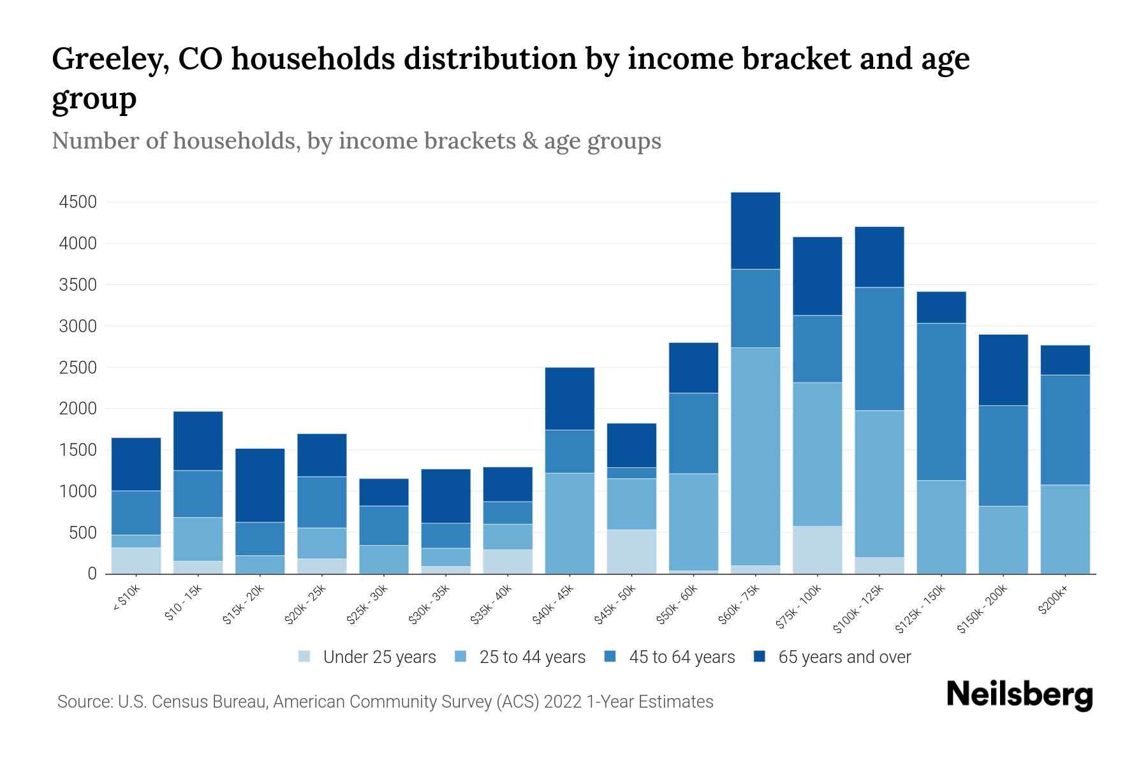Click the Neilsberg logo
click(1019, 696)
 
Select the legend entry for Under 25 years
click(379, 657)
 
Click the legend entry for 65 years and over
click(844, 657)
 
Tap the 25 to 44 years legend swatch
click(461, 657)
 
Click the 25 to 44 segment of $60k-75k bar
click(755, 456)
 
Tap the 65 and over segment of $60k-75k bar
click(755, 231)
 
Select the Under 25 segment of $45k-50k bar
click(631, 551)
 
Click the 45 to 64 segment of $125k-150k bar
click(941, 402)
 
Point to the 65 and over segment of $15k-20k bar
click(260, 485)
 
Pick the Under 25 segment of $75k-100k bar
click(817, 550)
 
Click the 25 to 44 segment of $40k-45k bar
click(570, 523)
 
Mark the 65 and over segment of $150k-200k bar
click(1003, 370)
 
